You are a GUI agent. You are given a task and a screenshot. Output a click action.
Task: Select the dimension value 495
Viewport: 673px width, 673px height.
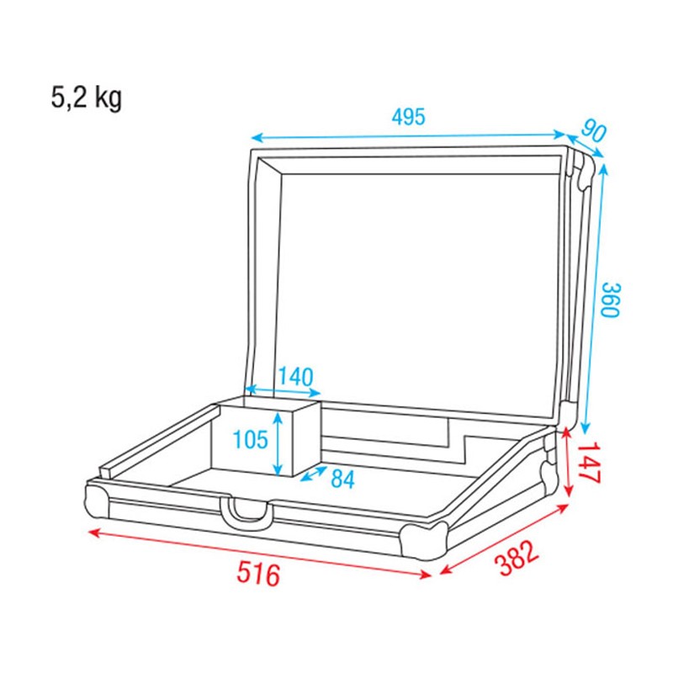pos(408,117)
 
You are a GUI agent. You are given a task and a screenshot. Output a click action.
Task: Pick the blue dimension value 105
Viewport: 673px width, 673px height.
pos(250,438)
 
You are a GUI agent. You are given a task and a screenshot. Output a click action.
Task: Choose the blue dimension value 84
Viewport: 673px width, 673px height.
pos(342,480)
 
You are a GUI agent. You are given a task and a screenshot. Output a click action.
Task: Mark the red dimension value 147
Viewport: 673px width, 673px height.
pos(590,464)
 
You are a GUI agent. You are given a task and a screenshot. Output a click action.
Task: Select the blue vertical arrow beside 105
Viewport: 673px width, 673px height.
pos(277,439)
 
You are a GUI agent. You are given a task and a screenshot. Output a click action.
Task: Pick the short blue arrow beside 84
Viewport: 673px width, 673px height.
pos(314,474)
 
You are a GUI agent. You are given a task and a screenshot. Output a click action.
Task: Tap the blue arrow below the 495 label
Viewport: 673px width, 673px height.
pos(410,135)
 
